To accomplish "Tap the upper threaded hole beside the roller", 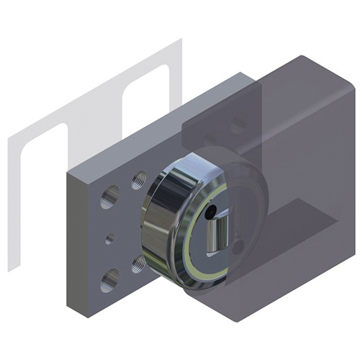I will (138, 180).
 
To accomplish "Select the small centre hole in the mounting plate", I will (109, 238).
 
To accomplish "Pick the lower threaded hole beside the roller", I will (137, 264).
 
